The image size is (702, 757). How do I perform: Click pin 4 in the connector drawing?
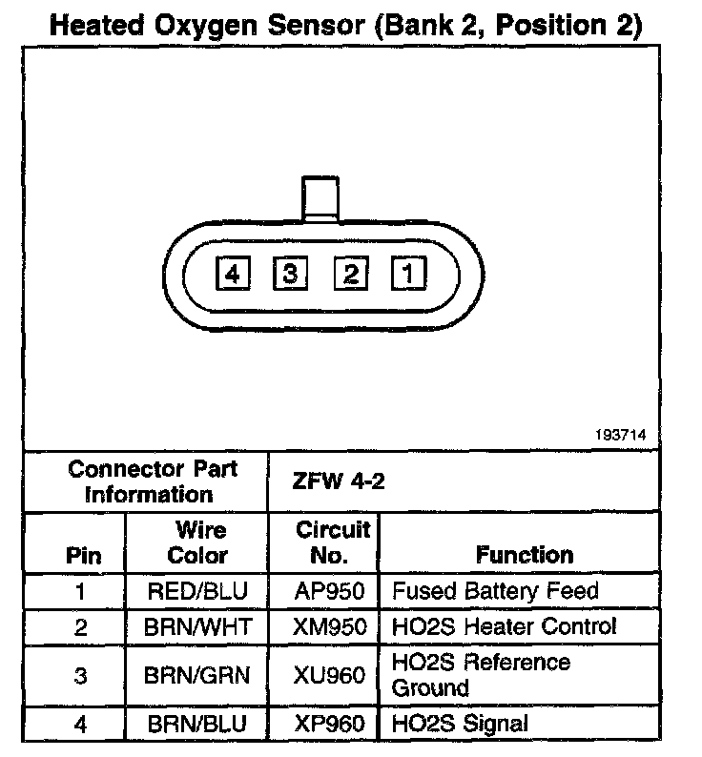point(233,276)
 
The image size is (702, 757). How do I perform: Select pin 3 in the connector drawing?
point(290,276)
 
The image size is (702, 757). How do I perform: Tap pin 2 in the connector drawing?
point(350,276)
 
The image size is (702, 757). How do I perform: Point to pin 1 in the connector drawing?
point(408,276)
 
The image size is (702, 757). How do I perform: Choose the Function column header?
point(525,555)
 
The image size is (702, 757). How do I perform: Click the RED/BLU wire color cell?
point(197,591)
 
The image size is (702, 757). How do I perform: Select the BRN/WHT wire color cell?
point(197,626)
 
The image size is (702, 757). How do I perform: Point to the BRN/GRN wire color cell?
point(197,675)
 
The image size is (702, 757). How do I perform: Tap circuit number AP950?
point(330,591)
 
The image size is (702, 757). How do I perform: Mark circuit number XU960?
point(330,675)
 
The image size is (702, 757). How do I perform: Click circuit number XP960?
point(330,724)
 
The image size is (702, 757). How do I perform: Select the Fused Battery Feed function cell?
point(495,591)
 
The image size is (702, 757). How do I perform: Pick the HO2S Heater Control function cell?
point(504,626)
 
